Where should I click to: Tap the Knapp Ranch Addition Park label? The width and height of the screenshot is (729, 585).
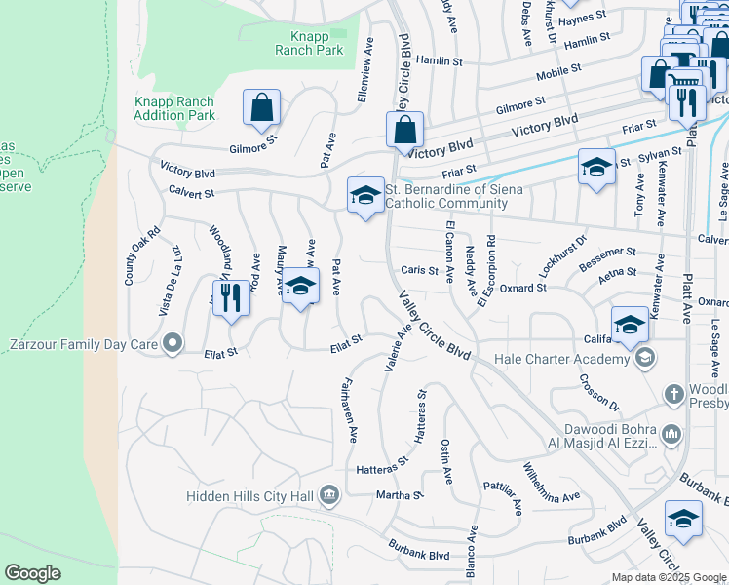[173, 108]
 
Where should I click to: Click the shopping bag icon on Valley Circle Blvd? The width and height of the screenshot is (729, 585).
[404, 130]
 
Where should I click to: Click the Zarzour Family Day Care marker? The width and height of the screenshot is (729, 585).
[173, 343]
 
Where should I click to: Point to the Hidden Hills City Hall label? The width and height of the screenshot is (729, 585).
[251, 496]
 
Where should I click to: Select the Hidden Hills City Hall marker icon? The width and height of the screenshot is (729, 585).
[329, 496]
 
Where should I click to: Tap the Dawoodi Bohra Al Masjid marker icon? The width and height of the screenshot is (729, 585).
[671, 433]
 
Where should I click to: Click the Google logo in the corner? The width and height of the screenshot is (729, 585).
[33, 573]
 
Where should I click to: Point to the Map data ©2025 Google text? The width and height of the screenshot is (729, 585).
[669, 577]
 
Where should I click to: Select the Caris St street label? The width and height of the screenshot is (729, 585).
[419, 270]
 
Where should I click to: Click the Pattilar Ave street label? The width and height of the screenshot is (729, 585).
[503, 496]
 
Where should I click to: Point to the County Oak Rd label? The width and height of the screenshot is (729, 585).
[129, 257]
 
